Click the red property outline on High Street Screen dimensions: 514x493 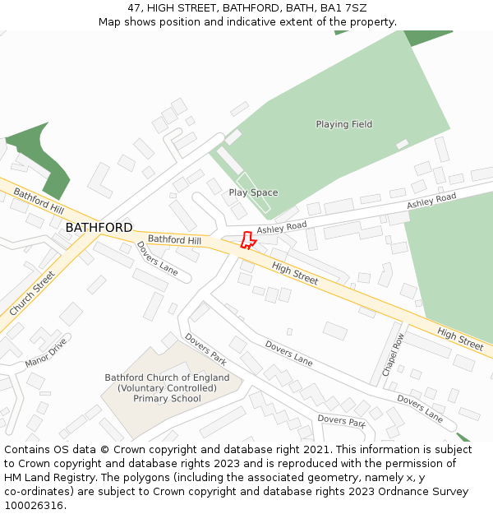point(246,240)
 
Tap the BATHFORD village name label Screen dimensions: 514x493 point(99,227)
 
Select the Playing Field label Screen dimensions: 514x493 point(343,124)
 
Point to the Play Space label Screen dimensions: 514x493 point(253,192)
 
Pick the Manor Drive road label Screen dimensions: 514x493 point(45,352)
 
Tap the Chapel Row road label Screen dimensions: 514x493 point(393,354)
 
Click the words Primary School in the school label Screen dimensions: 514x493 point(167,399)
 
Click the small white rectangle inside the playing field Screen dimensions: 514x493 point(402,144)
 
